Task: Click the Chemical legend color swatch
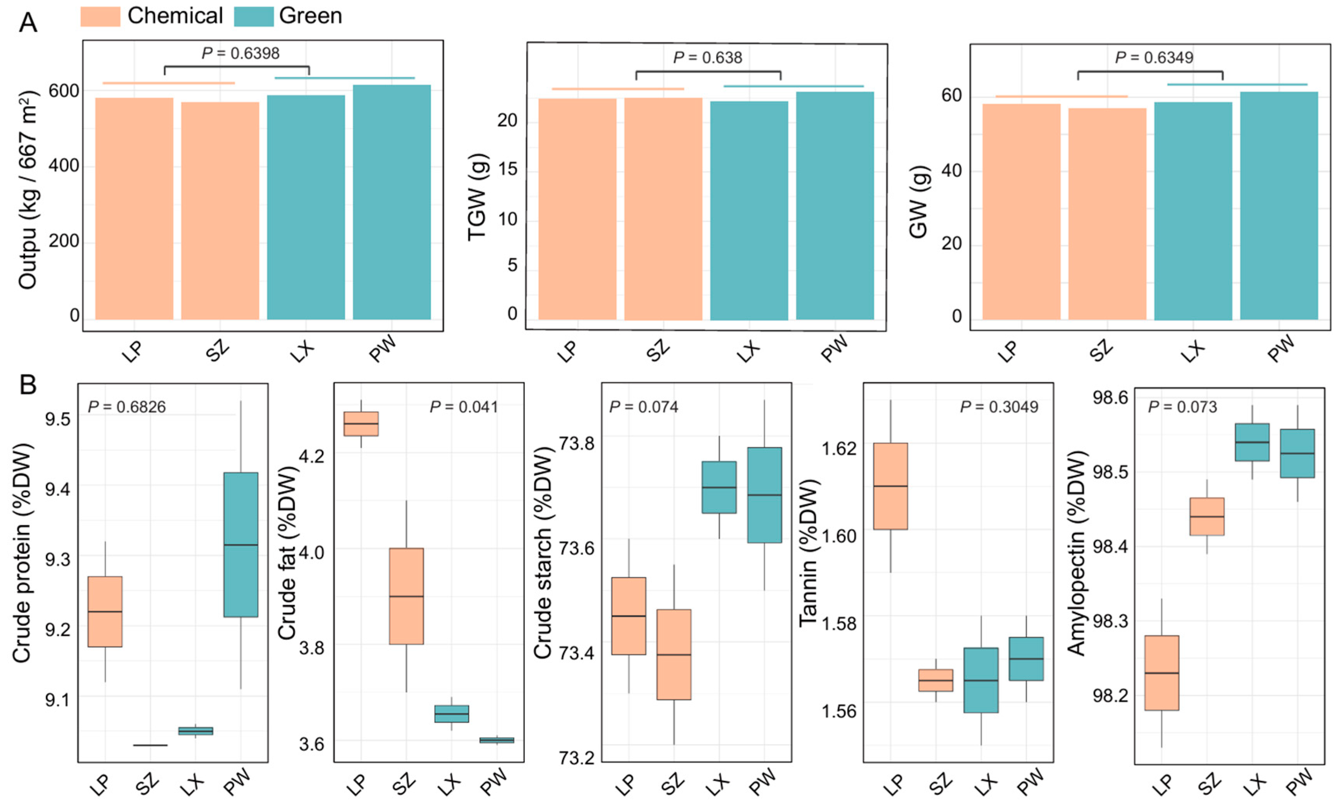pos(100,16)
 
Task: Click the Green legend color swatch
pos(253,16)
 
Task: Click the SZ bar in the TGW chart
pos(663,209)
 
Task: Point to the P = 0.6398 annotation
pos(241,53)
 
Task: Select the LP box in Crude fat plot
pos(361,424)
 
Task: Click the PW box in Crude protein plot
pos(241,545)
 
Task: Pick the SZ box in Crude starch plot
pos(674,654)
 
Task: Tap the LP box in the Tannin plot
pos(890,486)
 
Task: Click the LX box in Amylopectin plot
pos(1252,442)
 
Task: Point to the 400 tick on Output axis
pos(64,165)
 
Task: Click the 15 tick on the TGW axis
pos(507,169)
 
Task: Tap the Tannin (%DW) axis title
pos(808,553)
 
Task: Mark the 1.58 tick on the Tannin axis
pos(839,623)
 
